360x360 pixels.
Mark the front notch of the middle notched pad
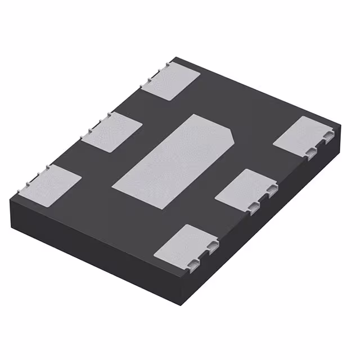coord(255,206)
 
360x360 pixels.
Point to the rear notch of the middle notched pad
coord(272,191)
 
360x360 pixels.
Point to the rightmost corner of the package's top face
coord(342,125)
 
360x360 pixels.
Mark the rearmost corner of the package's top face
coord(175,57)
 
